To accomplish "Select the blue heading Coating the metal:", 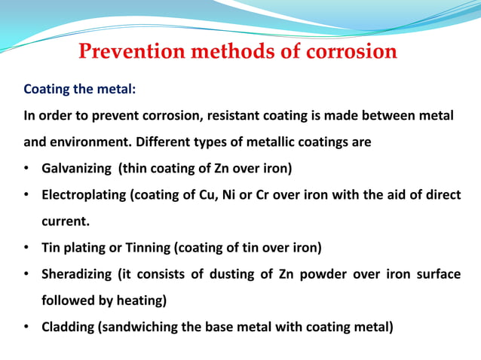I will coord(80,90).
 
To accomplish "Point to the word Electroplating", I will coord(83,195).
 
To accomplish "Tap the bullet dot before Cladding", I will coord(26,327).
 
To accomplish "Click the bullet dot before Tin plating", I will coord(26,248).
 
